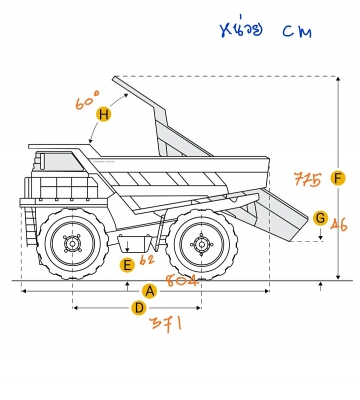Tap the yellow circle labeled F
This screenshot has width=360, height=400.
pyautogui.click(x=339, y=178)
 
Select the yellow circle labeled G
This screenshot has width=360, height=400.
pyautogui.click(x=320, y=217)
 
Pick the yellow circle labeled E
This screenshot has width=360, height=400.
pyautogui.click(x=126, y=265)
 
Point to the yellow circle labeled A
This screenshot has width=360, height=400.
pyautogui.click(x=150, y=291)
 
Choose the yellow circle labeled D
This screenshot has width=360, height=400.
pyautogui.click(x=139, y=308)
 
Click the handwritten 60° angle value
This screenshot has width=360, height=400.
pyautogui.click(x=88, y=100)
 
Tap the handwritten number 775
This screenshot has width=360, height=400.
pyautogui.click(x=307, y=180)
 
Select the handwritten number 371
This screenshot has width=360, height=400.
pyautogui.click(x=165, y=326)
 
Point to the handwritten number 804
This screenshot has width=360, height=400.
pyautogui.click(x=184, y=281)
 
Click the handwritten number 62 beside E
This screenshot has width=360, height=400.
pyautogui.click(x=147, y=262)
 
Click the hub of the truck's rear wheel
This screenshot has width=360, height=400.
pyautogui.click(x=201, y=241)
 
